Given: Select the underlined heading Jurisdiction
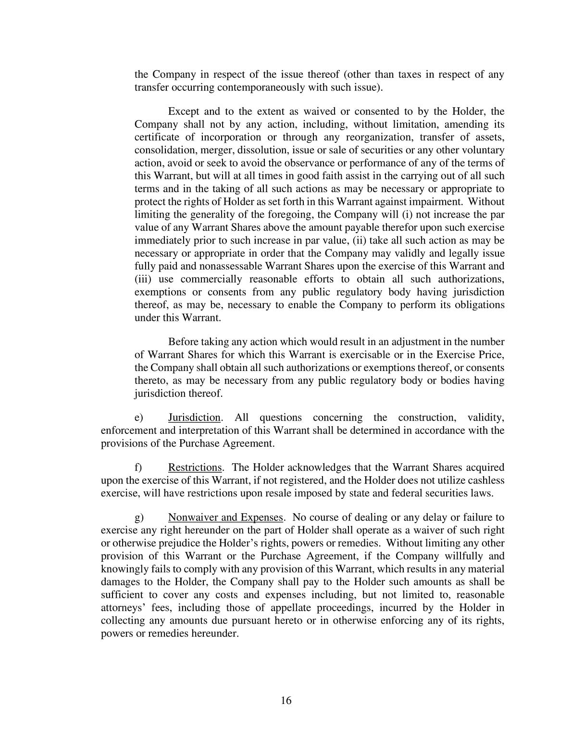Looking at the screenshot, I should coord(194,418).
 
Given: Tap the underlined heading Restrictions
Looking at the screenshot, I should coord(195,468).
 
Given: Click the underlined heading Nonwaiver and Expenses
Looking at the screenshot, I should coord(225,518).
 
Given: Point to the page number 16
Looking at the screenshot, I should coord(286,701).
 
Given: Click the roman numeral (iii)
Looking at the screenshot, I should coord(143,279).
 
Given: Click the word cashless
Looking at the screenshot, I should coord(486,481).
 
